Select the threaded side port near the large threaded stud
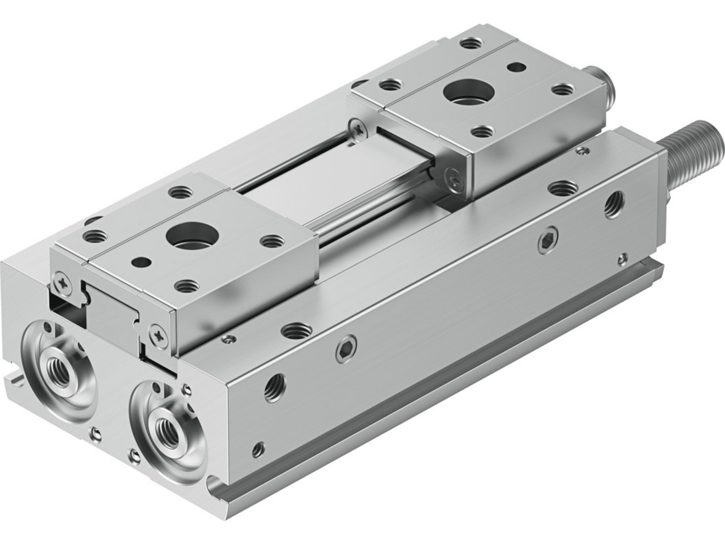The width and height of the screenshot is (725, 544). pos(613,204)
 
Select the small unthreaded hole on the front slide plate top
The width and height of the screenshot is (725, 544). pos(141,262)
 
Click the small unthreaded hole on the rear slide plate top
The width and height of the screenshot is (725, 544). pos(516,68)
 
